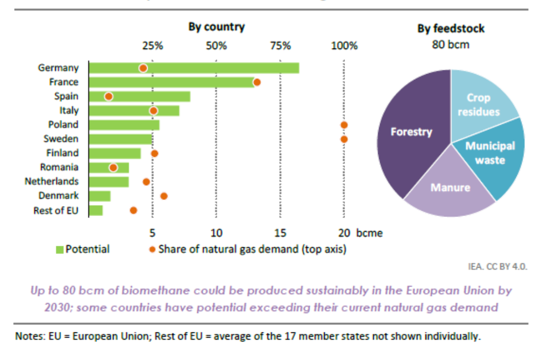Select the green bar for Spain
pyautogui.click(x=146, y=97)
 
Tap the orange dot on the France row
pyautogui.click(x=257, y=82)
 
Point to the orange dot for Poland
pyautogui.click(x=344, y=125)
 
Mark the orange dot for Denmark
pyautogui.click(x=164, y=196)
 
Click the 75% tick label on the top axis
pyautogui.click(x=280, y=45)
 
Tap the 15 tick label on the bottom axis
pyautogui.click(x=280, y=233)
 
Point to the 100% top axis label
pyautogui.click(x=344, y=45)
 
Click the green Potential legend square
pyautogui.click(x=60, y=249)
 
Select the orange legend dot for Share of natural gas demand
pyautogui.click(x=151, y=249)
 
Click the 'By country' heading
pyautogui.click(x=216, y=27)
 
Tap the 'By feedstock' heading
pyautogui.click(x=451, y=29)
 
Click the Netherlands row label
pyautogui.click(x=52, y=182)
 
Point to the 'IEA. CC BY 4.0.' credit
pyautogui.click(x=497, y=267)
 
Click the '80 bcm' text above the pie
pyautogui.click(x=451, y=44)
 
